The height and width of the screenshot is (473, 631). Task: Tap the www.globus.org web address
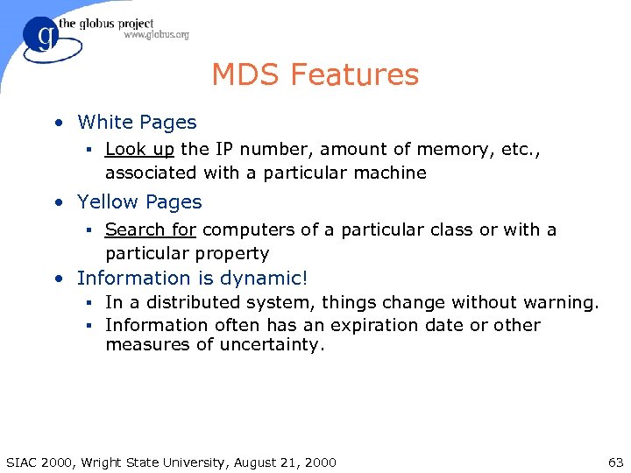[156, 35]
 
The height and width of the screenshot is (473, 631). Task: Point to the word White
[105, 123]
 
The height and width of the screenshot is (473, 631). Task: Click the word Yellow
[108, 201]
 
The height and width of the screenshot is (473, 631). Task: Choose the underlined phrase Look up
[139, 150]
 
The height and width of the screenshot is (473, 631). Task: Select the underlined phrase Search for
[151, 229]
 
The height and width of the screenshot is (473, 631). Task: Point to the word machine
[393, 173]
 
